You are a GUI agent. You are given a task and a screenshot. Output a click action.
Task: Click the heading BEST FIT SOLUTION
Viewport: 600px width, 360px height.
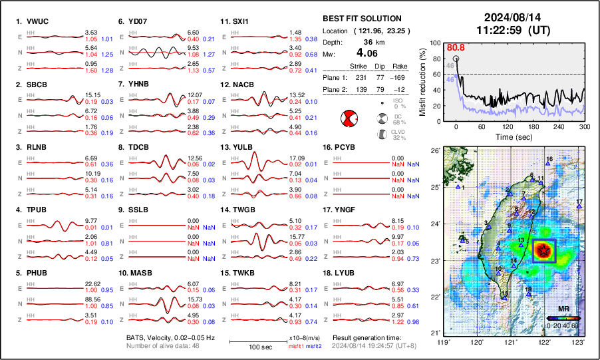(x=361, y=19)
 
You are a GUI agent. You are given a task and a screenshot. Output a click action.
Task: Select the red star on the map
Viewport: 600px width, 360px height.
(x=545, y=250)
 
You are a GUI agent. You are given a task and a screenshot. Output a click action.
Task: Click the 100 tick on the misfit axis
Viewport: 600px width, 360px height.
(x=435, y=43)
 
